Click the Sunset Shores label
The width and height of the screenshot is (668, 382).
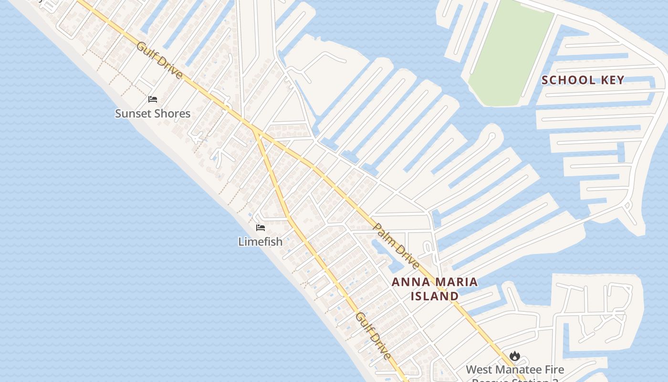click(153, 114)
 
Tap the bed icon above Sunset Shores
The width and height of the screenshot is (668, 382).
click(153, 99)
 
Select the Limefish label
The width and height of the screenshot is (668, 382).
click(261, 242)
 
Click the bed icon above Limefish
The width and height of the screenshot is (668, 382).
click(261, 227)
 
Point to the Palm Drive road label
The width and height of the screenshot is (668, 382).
click(397, 246)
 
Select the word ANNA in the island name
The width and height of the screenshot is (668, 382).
click(408, 282)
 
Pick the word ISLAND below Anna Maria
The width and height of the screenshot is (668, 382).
click(435, 297)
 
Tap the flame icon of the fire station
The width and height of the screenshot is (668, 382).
click(514, 356)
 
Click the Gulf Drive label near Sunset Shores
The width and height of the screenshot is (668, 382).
click(159, 61)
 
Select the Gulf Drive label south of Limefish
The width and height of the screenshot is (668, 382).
click(374, 336)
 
